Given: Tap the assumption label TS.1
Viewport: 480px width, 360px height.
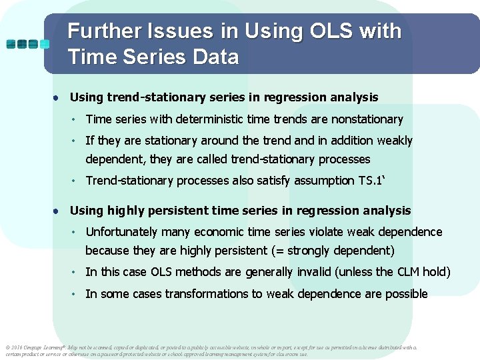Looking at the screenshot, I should click(x=371, y=181).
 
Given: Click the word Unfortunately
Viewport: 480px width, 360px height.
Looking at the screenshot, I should click(x=122, y=232).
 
